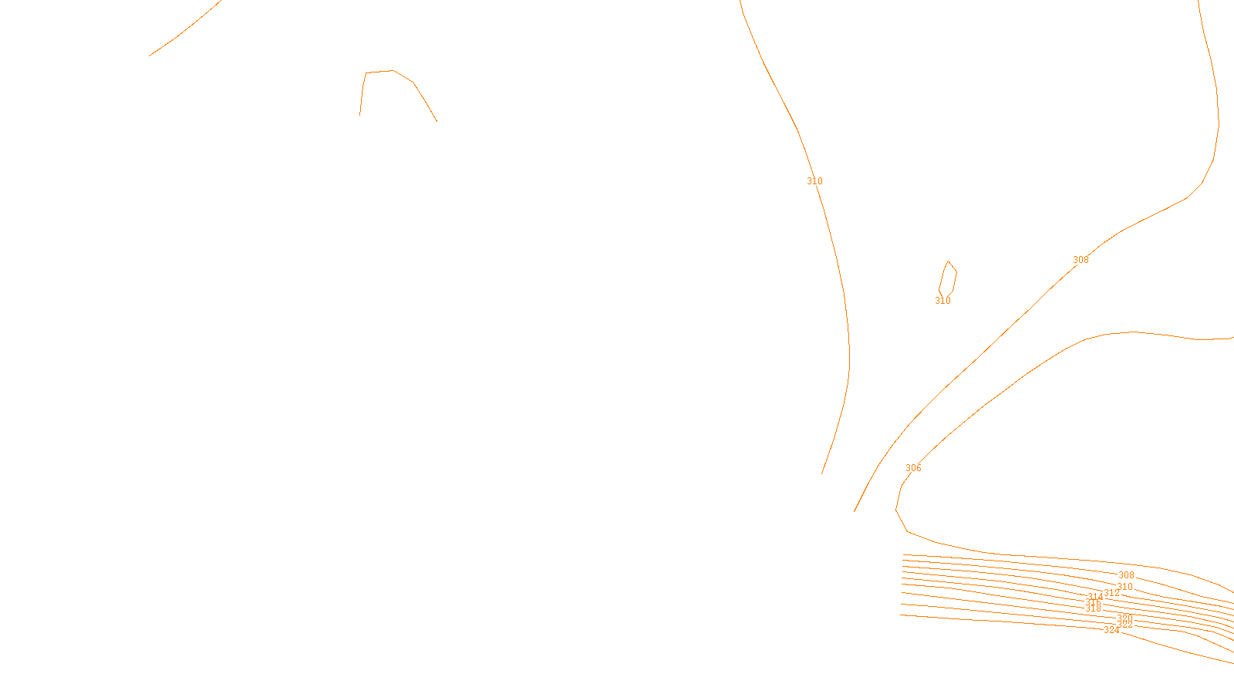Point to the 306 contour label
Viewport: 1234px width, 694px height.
913,468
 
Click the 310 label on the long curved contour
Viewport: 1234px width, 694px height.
814,181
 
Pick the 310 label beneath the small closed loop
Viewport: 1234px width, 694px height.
942,301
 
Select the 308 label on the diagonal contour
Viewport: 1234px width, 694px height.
1081,260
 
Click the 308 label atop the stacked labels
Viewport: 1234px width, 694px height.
1126,575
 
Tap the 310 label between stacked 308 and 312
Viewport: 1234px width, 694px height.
1124,587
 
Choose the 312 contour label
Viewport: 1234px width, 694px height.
1111,593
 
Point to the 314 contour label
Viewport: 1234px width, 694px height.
1095,597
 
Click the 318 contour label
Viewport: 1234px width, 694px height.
1093,608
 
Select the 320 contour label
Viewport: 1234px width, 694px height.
1124,618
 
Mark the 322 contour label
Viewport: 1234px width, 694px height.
1124,625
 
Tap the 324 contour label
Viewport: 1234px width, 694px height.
1111,630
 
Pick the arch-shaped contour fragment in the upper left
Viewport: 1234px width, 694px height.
393,71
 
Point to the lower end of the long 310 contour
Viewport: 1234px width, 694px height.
822,473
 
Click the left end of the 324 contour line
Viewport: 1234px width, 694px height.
902,615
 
